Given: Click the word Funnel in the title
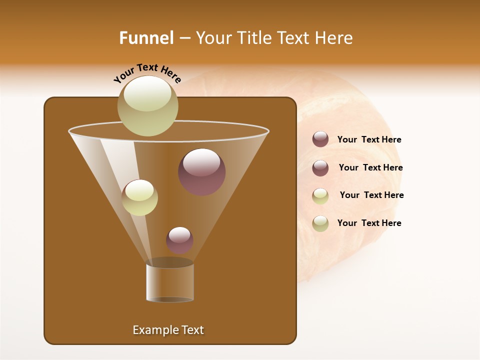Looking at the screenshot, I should click(146, 38).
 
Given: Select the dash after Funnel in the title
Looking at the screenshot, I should click(184, 38).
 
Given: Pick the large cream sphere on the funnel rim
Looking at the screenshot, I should click(147, 105).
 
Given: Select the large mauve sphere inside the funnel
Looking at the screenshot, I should click(201, 172).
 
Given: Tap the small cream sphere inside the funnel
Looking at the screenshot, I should click(139, 197).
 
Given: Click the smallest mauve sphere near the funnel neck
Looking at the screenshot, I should click(179, 240).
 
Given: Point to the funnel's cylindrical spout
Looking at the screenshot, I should click(170, 282).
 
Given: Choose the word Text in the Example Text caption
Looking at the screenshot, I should click(192, 330).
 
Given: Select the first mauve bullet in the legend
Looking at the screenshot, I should click(320, 139).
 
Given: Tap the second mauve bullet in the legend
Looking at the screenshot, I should click(320, 168).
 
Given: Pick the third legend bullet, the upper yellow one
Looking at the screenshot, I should click(320, 196).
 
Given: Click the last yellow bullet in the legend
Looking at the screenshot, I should click(320, 223).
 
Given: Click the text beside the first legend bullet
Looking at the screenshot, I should click(369, 140).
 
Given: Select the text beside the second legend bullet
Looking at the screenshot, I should click(370, 167).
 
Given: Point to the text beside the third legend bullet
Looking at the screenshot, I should click(371, 195).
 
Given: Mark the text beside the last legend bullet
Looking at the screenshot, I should click(369, 223).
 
